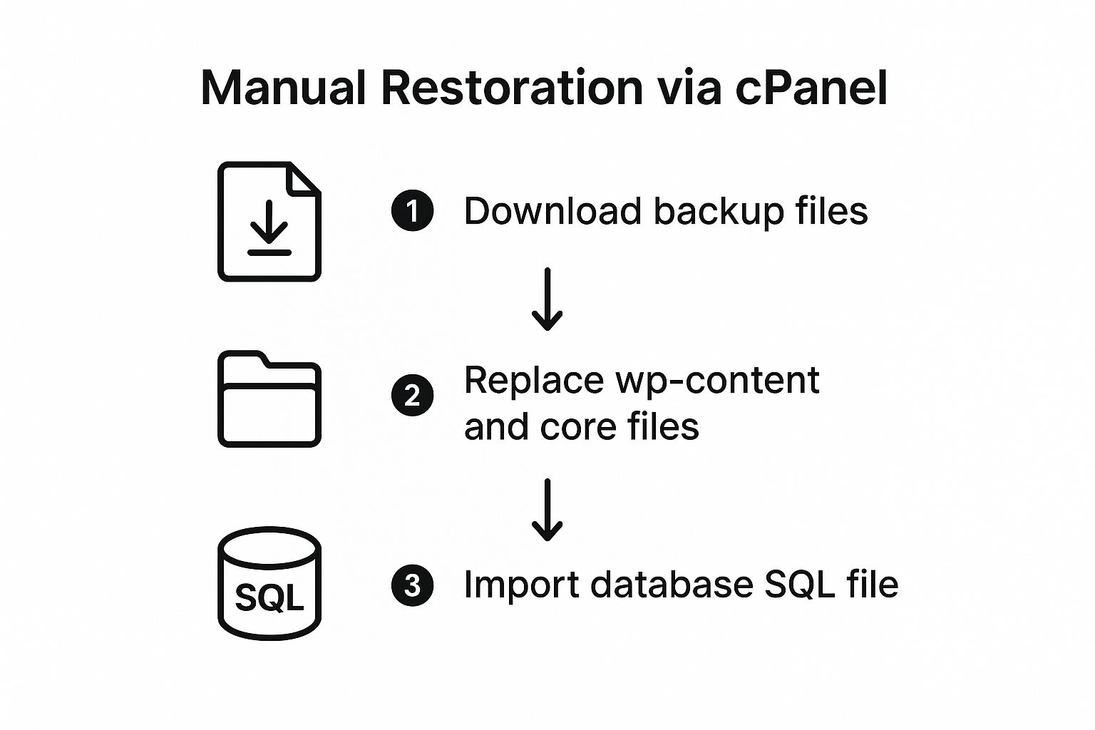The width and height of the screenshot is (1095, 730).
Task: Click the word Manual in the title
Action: click(283, 88)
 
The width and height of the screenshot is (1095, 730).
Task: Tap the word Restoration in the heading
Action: click(512, 88)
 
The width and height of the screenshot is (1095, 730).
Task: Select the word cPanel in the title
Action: click(811, 88)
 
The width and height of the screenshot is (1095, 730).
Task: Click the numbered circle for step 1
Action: click(412, 211)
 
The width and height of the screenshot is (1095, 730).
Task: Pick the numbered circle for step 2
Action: click(412, 395)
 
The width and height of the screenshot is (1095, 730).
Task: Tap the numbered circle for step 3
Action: click(412, 585)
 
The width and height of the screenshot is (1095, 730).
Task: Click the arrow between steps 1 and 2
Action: click(547, 299)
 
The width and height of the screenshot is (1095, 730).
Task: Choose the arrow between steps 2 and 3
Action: click(547, 510)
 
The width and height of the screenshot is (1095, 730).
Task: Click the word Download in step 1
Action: click(552, 211)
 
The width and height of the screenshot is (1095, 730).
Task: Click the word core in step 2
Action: click(578, 427)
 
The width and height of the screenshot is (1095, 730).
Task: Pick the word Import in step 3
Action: click(521, 585)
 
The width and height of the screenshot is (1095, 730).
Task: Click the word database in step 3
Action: click(672, 584)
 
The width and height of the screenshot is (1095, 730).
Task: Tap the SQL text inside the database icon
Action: click(269, 597)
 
